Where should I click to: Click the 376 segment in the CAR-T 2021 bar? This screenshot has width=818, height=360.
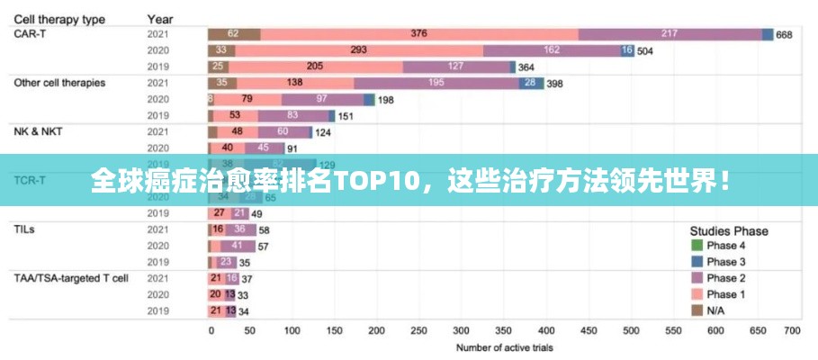(x=418, y=34)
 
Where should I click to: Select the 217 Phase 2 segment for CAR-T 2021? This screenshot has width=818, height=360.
(x=669, y=34)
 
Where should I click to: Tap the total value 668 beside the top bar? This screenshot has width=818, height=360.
(x=784, y=35)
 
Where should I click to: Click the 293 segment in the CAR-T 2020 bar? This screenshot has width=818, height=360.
(x=358, y=50)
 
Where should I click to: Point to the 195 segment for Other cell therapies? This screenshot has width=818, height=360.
(x=436, y=83)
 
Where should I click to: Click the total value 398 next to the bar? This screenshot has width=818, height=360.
(x=555, y=84)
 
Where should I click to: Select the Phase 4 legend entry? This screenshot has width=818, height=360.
(x=725, y=246)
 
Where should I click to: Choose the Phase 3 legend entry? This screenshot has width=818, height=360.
(x=725, y=262)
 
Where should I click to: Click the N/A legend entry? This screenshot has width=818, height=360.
(x=716, y=310)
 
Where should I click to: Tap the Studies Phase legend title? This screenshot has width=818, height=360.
(x=729, y=230)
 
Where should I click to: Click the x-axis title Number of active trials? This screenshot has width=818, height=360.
(x=504, y=347)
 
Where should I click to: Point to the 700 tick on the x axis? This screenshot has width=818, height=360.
(x=792, y=330)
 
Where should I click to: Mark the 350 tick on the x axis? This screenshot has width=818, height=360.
(x=501, y=330)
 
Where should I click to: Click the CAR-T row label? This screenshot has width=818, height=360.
(x=29, y=33)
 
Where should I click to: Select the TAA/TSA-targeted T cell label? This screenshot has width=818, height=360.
(x=70, y=278)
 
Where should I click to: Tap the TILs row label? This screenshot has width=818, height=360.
(x=24, y=229)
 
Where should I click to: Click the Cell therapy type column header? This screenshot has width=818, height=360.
(x=58, y=18)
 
